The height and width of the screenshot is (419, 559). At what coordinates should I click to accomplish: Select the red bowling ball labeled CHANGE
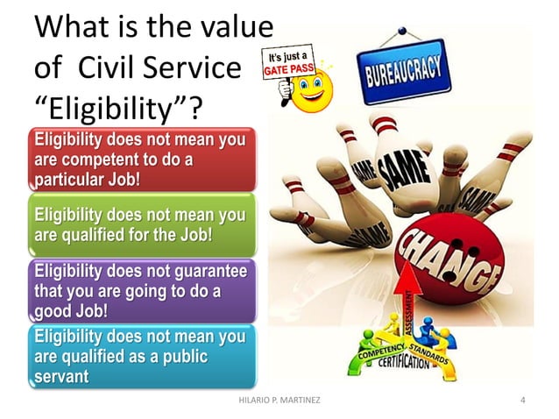pyautogui.click(x=448, y=259)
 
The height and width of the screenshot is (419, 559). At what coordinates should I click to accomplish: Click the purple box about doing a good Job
pyautogui.click(x=140, y=290)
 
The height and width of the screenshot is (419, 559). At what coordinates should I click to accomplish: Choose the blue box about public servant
pyautogui.click(x=140, y=355)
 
